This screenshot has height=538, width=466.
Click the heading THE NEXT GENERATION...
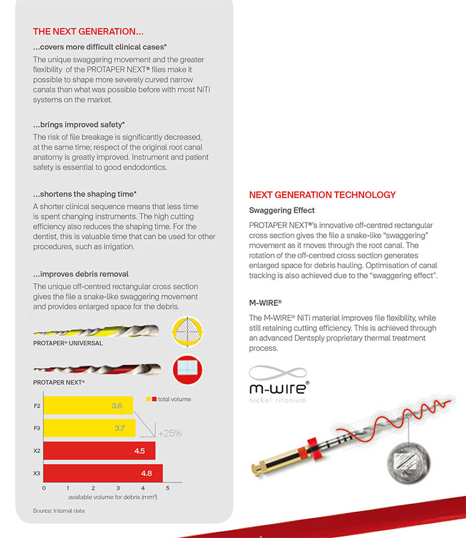tap(88, 32)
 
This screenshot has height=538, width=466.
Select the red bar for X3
tap(103, 473)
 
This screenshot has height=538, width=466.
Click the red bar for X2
tap(99, 451)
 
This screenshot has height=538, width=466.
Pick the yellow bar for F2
tap(88, 406)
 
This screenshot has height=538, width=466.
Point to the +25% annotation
tap(170, 433)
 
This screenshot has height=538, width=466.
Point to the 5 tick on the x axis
tap(168, 489)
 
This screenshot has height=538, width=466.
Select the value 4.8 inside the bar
tap(147, 473)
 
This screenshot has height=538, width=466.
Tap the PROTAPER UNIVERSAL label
tap(68, 343)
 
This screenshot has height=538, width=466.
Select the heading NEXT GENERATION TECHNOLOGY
tap(322, 195)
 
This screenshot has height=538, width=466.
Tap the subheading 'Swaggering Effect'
tap(281, 211)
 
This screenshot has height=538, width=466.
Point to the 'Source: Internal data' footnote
tap(59, 511)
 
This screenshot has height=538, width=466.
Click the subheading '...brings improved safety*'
tap(79, 125)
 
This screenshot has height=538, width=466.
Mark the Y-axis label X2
tap(37, 451)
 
